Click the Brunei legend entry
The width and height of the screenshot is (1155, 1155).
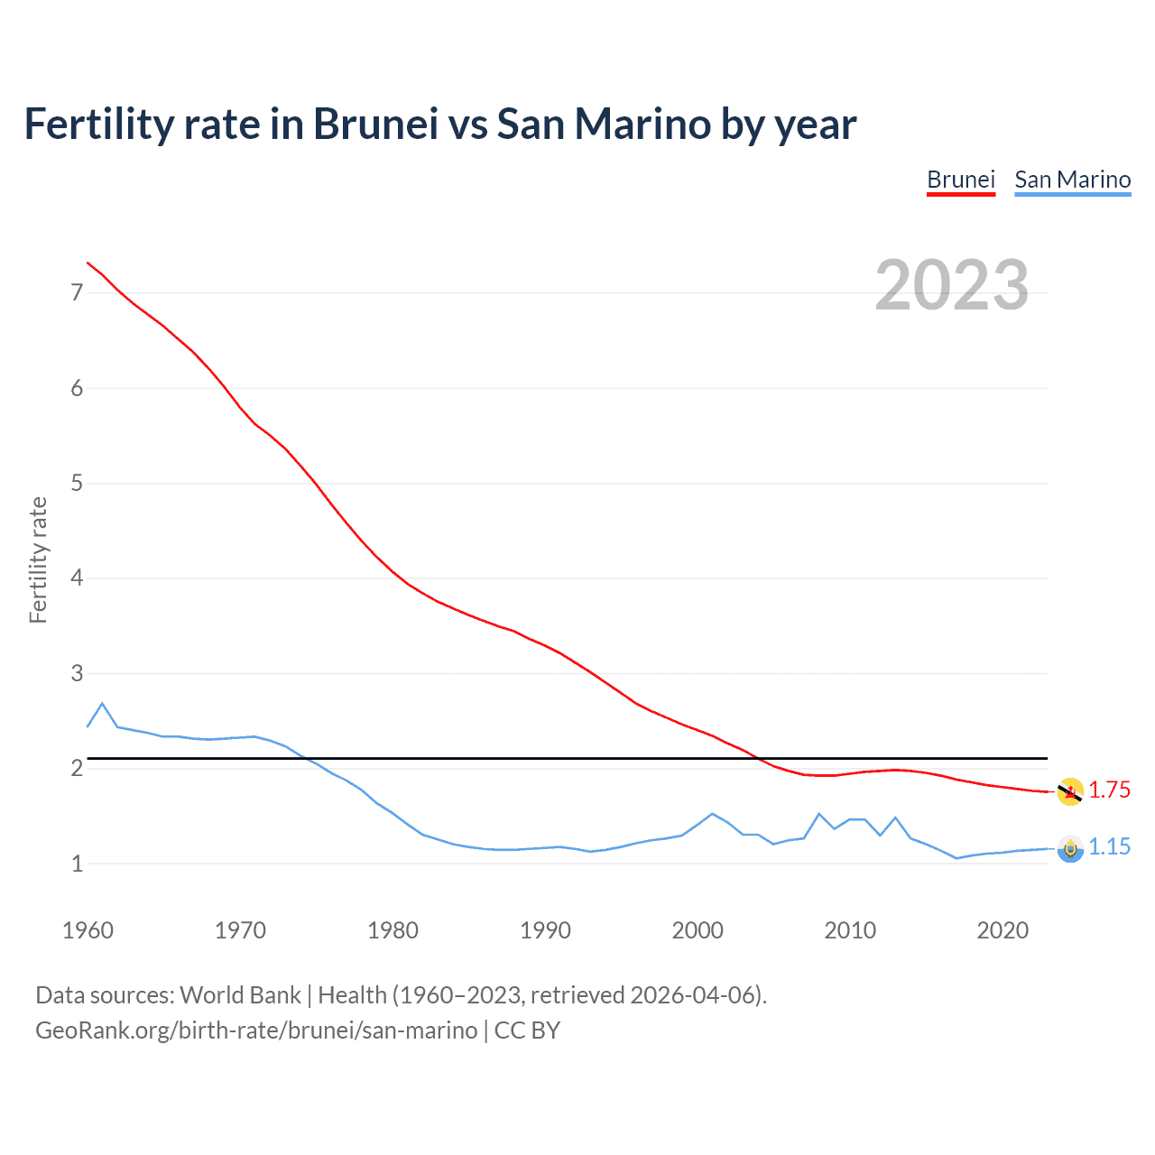pos(961,180)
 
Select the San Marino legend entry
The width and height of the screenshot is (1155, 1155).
pos(1072,180)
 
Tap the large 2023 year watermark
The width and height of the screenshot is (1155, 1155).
pos(951,285)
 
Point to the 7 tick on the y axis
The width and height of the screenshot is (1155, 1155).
pos(77,292)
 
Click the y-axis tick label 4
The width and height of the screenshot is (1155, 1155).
pos(77,577)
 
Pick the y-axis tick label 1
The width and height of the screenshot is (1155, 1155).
pos(77,864)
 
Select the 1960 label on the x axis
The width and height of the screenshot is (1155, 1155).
pos(88,930)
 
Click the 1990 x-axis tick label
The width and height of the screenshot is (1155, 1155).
pos(545,930)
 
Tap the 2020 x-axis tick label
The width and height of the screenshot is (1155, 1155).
pos(1003,930)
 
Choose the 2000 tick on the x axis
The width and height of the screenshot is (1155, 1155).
pos(698,930)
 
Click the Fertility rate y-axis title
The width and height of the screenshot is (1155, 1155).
pos(38,559)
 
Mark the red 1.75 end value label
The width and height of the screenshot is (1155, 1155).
pos(1109,790)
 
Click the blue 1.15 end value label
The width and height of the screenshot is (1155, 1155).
pos(1109,847)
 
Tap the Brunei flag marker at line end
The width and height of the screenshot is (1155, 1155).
pos(1070,792)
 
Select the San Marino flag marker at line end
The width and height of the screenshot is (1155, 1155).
pos(1070,849)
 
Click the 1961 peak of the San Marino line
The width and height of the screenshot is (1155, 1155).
pos(102,703)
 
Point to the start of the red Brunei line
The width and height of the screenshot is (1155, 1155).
pos(88,263)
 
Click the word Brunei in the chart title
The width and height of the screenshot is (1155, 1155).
pos(375,125)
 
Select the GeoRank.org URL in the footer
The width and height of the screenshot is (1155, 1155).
pos(256,1030)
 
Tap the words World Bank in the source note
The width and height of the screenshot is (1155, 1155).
pos(240,995)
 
